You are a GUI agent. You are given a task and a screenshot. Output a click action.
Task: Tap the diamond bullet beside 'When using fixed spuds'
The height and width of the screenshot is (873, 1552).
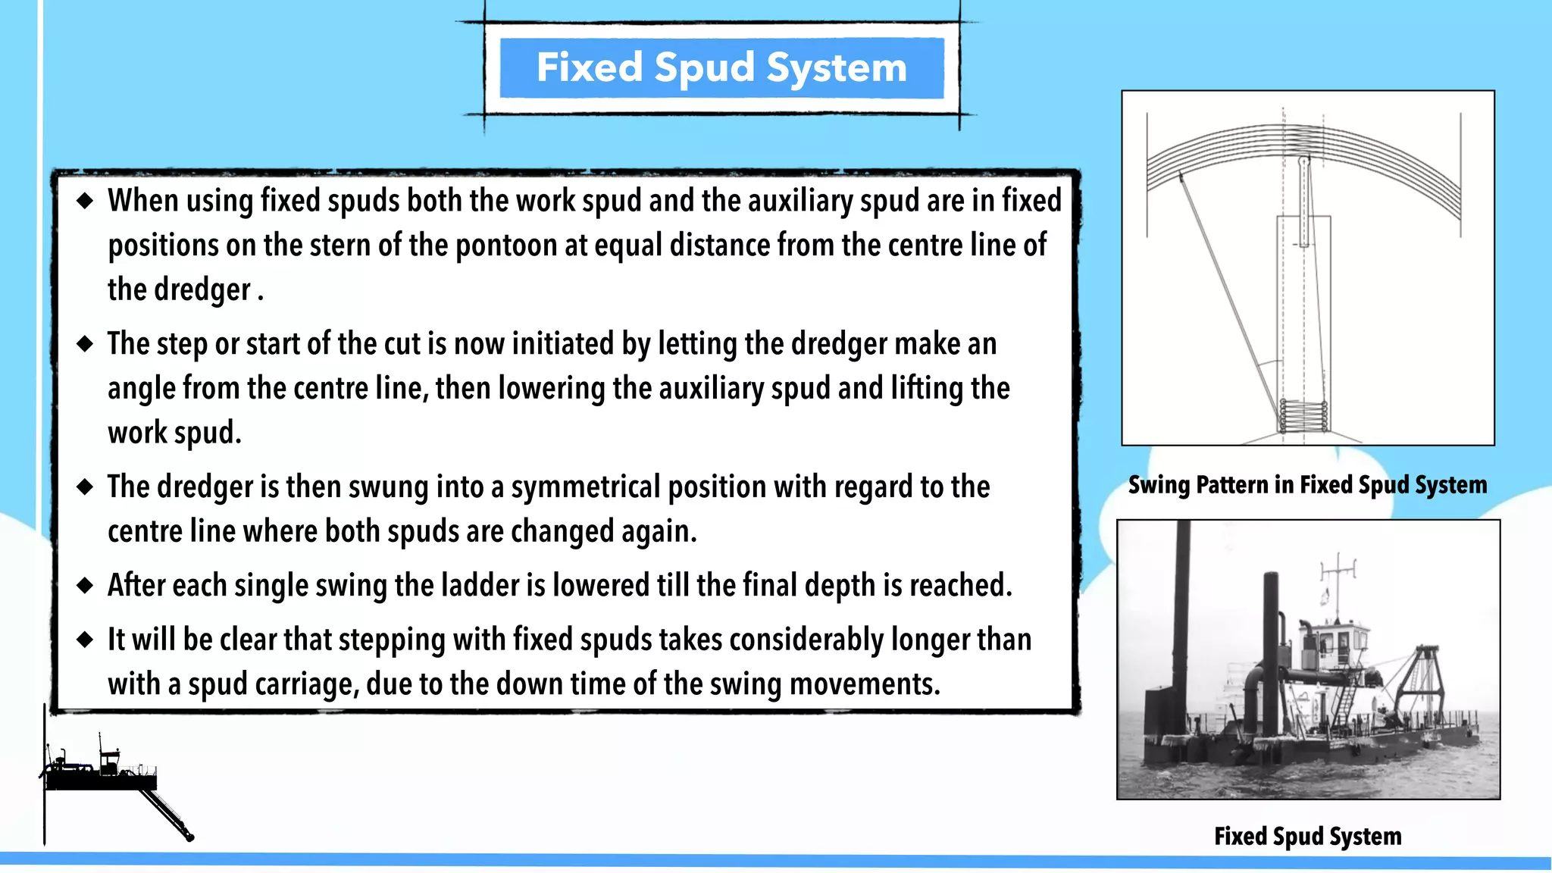[x=85, y=201]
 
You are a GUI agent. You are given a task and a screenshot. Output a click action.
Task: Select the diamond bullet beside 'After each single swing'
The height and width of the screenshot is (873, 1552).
[x=85, y=585]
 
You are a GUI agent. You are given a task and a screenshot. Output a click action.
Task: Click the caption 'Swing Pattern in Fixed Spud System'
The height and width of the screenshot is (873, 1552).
[x=1307, y=485]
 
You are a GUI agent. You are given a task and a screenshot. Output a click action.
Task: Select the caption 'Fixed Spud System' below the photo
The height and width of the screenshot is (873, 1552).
[x=1307, y=837]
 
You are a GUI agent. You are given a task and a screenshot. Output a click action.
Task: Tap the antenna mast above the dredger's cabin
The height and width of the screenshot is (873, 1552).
[x=1338, y=584]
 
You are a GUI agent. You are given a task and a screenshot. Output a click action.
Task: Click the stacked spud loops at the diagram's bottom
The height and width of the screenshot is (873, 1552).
[x=1303, y=416]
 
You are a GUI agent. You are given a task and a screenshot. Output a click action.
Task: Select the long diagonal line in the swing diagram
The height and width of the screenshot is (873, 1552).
[x=1228, y=288]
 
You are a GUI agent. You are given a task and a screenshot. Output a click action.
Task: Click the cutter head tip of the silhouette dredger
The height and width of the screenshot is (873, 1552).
[x=189, y=837]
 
